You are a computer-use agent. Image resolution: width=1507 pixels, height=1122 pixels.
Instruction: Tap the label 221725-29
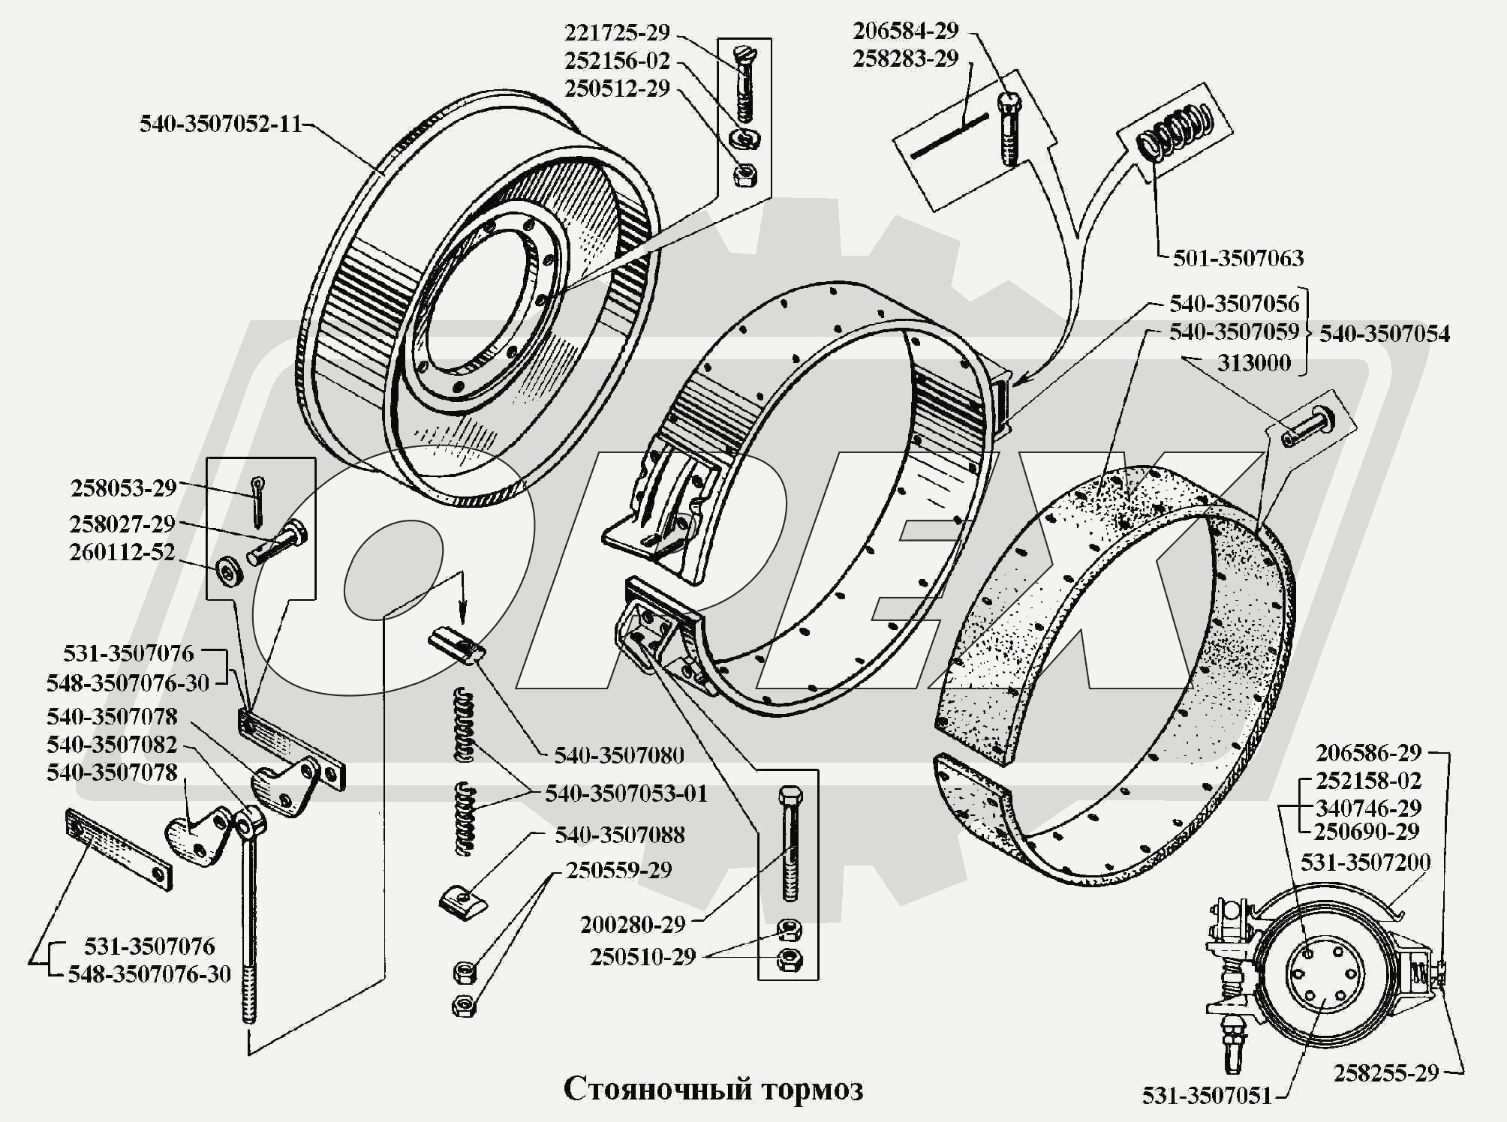click(616, 33)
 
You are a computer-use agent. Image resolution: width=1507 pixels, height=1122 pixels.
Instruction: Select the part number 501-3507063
click(1238, 258)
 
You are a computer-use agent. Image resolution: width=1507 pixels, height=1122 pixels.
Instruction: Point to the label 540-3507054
click(1385, 333)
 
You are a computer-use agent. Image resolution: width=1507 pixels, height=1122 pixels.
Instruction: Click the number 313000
click(1253, 363)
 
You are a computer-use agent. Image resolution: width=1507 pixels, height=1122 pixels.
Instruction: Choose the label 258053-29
click(123, 488)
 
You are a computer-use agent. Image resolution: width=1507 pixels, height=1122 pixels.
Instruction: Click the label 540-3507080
click(619, 754)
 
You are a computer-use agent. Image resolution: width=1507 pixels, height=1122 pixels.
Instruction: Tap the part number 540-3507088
click(620, 835)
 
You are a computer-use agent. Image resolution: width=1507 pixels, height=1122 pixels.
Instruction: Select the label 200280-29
click(633, 924)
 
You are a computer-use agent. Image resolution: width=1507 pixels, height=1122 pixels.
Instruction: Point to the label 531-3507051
click(1207, 1096)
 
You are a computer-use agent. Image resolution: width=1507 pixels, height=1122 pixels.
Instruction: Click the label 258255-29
click(1385, 1073)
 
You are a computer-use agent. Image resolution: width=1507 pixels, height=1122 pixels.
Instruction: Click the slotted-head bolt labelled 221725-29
click(744, 84)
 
